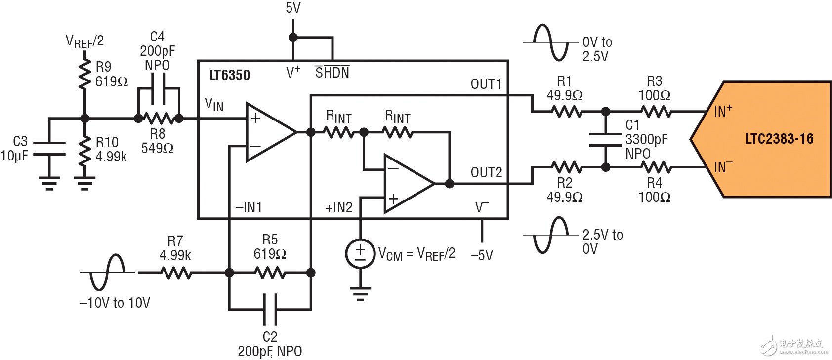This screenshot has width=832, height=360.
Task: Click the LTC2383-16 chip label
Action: pyautogui.click(x=779, y=139)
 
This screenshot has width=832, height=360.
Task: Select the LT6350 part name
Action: pyautogui.click(x=229, y=75)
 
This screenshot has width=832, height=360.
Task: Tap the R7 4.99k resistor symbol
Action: pyautogui.click(x=176, y=272)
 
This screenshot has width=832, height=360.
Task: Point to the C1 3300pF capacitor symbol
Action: pyautogui.click(x=606, y=139)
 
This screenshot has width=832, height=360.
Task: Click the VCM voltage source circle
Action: pyautogui.click(x=360, y=254)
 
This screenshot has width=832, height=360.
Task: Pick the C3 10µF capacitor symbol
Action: pyautogui.click(x=49, y=148)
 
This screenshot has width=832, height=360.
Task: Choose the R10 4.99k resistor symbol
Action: pyautogui.click(x=85, y=153)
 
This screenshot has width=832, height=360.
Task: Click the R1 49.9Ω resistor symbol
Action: pyautogui.click(x=566, y=112)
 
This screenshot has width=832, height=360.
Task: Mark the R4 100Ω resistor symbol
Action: pyautogui.click(x=656, y=167)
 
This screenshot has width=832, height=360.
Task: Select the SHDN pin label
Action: pyautogui.click(x=332, y=73)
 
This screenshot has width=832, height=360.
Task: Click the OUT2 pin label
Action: pyautogui.click(x=486, y=172)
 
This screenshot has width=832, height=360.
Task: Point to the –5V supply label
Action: pyautogui.click(x=482, y=255)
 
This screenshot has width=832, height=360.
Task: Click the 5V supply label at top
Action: pyautogui.click(x=293, y=8)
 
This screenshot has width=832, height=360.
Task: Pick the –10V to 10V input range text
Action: pyautogui.click(x=115, y=303)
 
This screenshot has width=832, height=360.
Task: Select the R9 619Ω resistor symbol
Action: pyautogui.click(x=85, y=74)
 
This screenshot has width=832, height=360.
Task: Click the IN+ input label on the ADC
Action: pyautogui.click(x=723, y=111)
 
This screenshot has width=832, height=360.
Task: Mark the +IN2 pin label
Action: pyautogui.click(x=339, y=208)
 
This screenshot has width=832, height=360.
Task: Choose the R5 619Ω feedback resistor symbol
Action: pyautogui.click(x=270, y=272)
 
